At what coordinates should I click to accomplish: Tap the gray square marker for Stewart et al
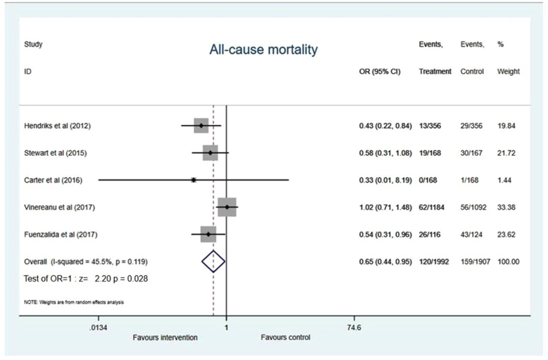(x=210, y=152)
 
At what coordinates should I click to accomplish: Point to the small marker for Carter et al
(x=193, y=179)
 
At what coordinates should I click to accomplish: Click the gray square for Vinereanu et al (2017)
(x=226, y=207)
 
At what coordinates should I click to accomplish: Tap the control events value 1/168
(x=471, y=180)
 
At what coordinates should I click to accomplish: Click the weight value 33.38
(x=508, y=207)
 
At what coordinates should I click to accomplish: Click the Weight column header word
(x=508, y=72)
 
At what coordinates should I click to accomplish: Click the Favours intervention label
(x=165, y=338)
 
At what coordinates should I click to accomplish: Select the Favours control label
(x=285, y=338)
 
